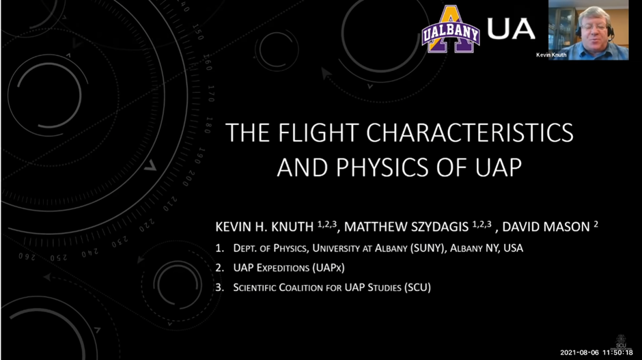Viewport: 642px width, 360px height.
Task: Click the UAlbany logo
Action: [450, 29]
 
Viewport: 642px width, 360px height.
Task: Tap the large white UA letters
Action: [511, 29]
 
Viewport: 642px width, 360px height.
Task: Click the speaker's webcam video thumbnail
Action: [588, 30]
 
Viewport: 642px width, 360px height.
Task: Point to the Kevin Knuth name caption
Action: [551, 55]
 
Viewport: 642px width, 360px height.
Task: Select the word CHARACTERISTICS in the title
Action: [470, 133]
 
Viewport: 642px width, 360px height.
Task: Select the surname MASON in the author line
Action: [566, 227]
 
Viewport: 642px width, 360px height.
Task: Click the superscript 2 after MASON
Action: [596, 223]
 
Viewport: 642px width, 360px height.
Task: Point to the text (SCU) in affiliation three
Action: [417, 288]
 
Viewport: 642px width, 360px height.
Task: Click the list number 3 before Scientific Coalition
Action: [219, 288]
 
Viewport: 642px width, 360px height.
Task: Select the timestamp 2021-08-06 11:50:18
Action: [596, 352]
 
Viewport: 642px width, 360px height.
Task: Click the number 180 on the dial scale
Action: [208, 125]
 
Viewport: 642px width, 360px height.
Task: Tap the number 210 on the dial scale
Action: [170, 204]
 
